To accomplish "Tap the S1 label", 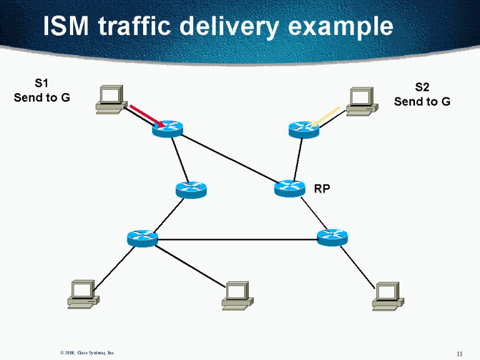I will point(41,82).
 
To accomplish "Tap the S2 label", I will point(422,87).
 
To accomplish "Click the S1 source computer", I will point(111,100).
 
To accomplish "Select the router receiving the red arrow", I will point(167,129).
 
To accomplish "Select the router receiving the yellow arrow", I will point(304,129).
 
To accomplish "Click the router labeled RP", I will point(289,187).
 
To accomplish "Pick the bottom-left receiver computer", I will point(83,294).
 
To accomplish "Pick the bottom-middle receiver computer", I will point(237,296).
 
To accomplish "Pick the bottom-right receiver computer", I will point(387,296).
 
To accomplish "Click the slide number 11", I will point(459,354).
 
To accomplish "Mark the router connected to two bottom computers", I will point(142,237).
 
